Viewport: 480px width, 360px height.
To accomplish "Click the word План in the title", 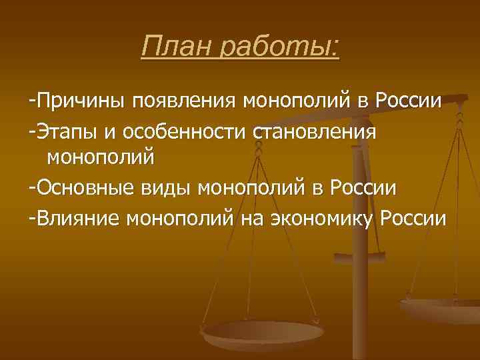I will click(175, 47).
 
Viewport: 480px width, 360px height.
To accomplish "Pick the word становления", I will click(315, 131).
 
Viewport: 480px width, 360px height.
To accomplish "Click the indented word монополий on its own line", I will click(100, 159).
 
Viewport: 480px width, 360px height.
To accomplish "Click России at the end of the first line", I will click(408, 102).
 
